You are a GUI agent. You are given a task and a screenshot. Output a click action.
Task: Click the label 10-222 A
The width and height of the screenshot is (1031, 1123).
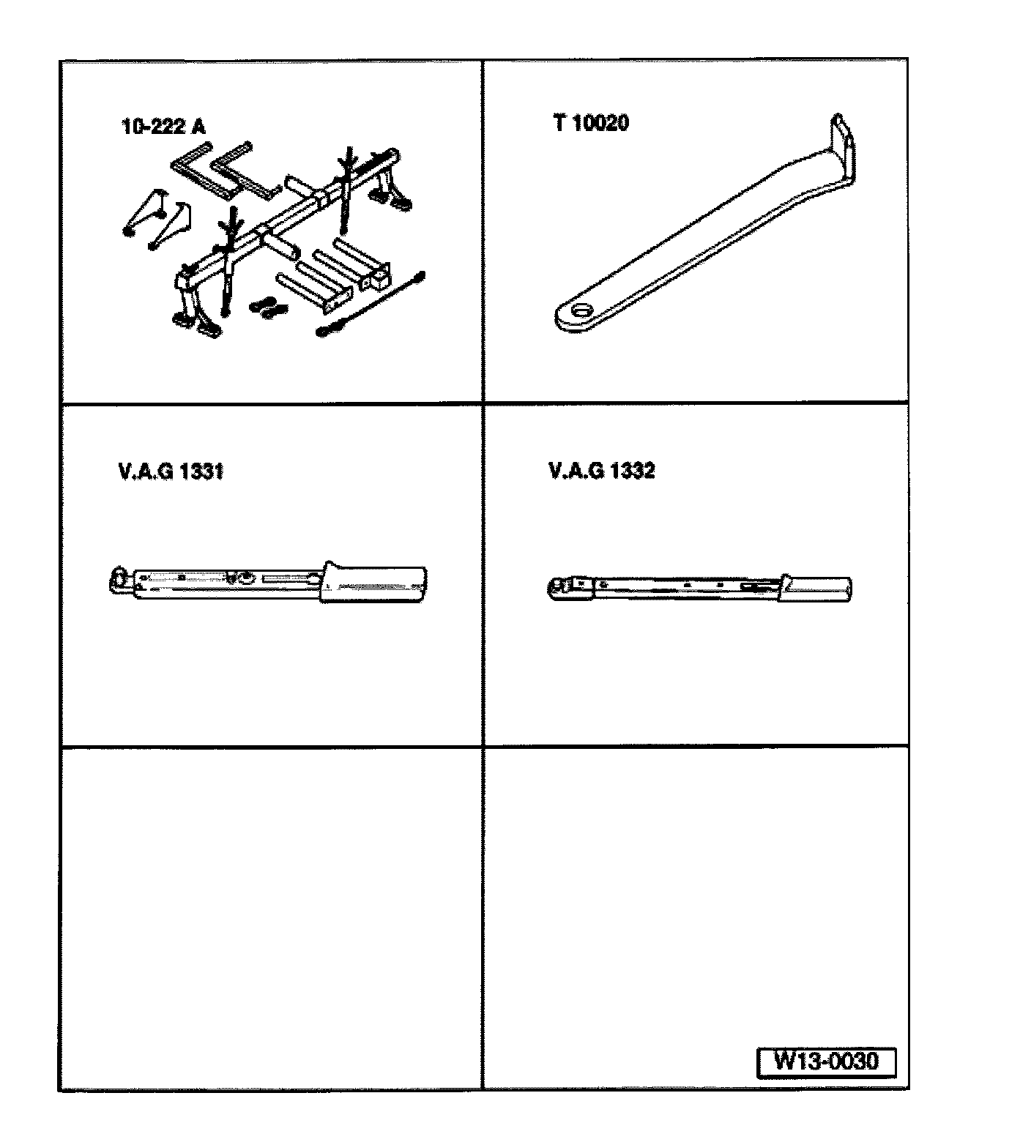163,127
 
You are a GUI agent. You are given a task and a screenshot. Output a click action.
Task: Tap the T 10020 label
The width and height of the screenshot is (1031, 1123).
591,122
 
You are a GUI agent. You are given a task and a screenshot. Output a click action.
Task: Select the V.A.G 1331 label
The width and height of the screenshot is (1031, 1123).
170,471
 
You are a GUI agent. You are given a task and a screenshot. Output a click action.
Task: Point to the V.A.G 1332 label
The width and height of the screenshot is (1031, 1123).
601,471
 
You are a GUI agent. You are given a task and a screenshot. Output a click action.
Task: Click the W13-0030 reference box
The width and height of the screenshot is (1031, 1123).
826,1062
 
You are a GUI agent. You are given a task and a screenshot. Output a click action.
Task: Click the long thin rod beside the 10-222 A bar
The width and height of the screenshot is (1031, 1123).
372,303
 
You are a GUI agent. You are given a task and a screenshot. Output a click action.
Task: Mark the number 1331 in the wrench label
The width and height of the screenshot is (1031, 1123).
201,471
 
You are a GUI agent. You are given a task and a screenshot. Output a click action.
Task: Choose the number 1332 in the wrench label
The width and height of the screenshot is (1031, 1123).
632,471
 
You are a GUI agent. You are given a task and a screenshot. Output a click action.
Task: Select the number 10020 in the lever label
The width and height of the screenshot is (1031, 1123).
600,122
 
